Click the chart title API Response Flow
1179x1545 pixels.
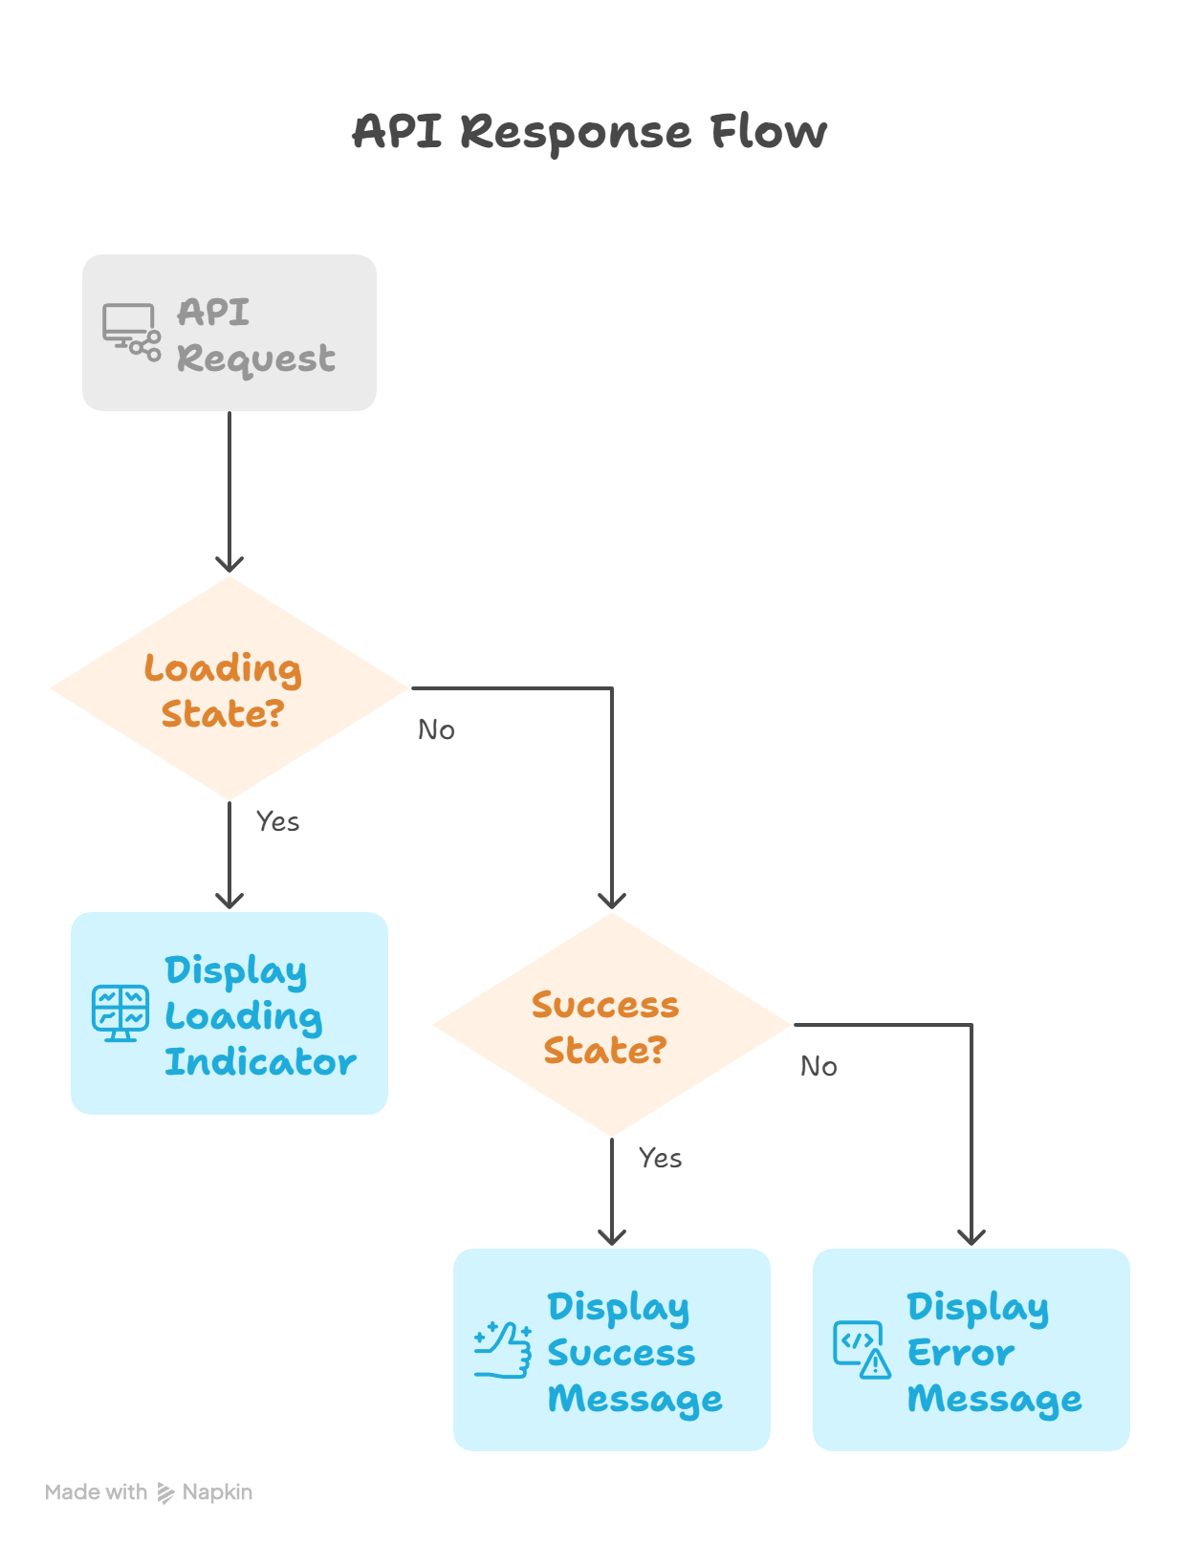point(589,132)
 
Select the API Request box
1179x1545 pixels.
point(229,333)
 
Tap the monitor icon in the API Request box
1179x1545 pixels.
point(131,332)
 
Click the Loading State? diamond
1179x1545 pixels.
point(229,688)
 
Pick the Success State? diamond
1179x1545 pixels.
point(611,1025)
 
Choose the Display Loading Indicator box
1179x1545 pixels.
point(229,1013)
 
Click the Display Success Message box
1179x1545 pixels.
point(612,1350)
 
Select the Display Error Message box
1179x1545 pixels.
point(972,1350)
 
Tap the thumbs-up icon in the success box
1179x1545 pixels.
point(503,1350)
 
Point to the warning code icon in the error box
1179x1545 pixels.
point(862,1350)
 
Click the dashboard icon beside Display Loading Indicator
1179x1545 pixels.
point(120,1013)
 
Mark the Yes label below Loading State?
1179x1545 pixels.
point(277,822)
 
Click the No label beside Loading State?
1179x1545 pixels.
point(436,730)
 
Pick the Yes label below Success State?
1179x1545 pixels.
point(660,1159)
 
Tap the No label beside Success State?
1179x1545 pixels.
point(819,1067)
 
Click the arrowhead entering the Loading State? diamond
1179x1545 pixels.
point(229,564)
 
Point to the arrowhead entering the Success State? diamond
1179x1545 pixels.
point(612,901)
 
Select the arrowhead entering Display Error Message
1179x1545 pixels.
point(972,1237)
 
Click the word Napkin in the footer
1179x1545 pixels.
point(217,1492)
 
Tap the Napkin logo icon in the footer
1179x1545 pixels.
point(166,1493)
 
